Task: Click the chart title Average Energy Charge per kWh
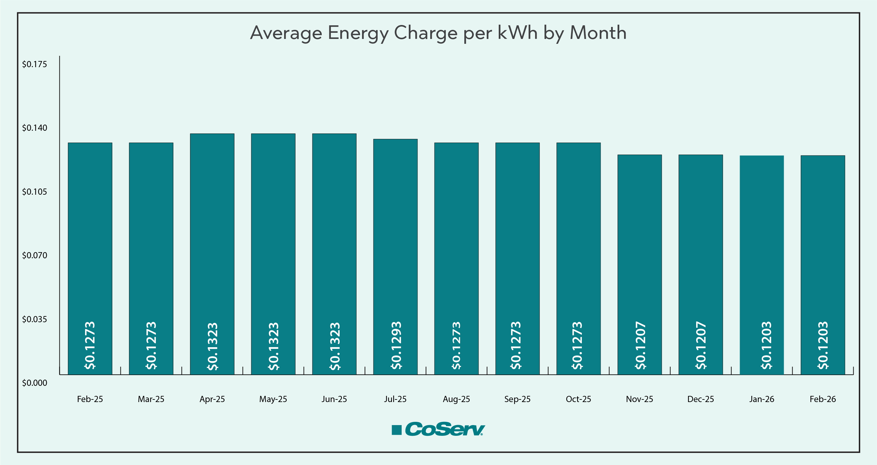pyautogui.click(x=438, y=33)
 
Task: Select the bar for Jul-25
pyautogui.click(x=395, y=238)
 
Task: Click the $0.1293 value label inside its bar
pyautogui.click(x=396, y=345)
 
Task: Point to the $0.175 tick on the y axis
pyautogui.click(x=34, y=64)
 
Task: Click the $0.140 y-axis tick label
pyautogui.click(x=34, y=128)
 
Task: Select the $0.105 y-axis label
pyautogui.click(x=34, y=192)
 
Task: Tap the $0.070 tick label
pyautogui.click(x=34, y=255)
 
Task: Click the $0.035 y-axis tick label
pyautogui.click(x=34, y=319)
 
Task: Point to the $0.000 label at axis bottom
pyautogui.click(x=34, y=383)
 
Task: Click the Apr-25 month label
pyautogui.click(x=212, y=399)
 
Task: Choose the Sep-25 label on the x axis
pyautogui.click(x=517, y=399)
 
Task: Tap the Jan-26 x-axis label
pyautogui.click(x=762, y=399)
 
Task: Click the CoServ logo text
pyautogui.click(x=445, y=429)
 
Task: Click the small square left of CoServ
pyautogui.click(x=397, y=430)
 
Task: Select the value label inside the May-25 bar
pyautogui.click(x=274, y=346)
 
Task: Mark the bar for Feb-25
pyautogui.click(x=90, y=238)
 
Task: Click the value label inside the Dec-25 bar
pyautogui.click(x=701, y=345)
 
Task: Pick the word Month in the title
pyautogui.click(x=598, y=33)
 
